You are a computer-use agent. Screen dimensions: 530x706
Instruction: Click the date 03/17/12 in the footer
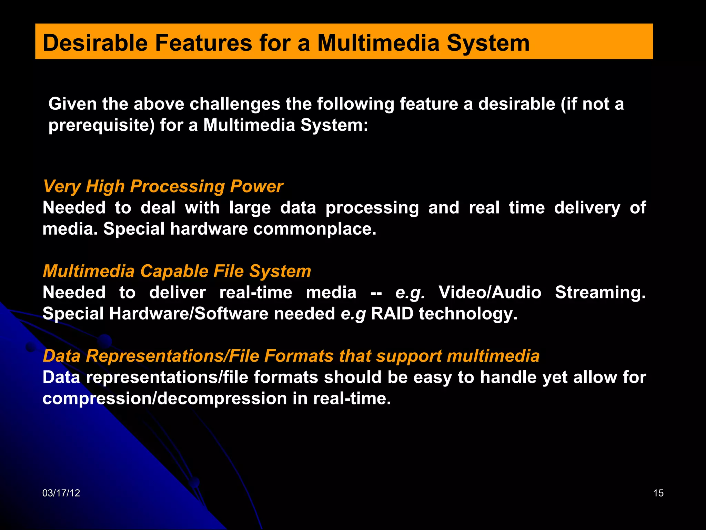[61, 493]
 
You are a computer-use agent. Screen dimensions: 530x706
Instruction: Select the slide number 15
[658, 493]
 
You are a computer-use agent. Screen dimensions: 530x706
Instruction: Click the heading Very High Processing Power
[163, 186]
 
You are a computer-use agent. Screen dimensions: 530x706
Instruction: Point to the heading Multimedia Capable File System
[176, 271]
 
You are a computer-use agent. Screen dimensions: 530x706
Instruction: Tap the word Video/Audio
[490, 293]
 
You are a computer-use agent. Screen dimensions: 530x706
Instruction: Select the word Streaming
[600, 293]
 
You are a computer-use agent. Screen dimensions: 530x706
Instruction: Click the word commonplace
[314, 229]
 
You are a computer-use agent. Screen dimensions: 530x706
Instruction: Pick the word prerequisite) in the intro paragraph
[101, 125]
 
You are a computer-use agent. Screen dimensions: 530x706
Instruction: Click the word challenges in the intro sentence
[235, 104]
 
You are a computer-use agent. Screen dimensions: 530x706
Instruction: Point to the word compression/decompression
[164, 399]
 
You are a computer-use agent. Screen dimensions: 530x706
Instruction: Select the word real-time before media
[255, 293]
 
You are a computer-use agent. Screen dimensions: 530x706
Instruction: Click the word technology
[468, 314]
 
